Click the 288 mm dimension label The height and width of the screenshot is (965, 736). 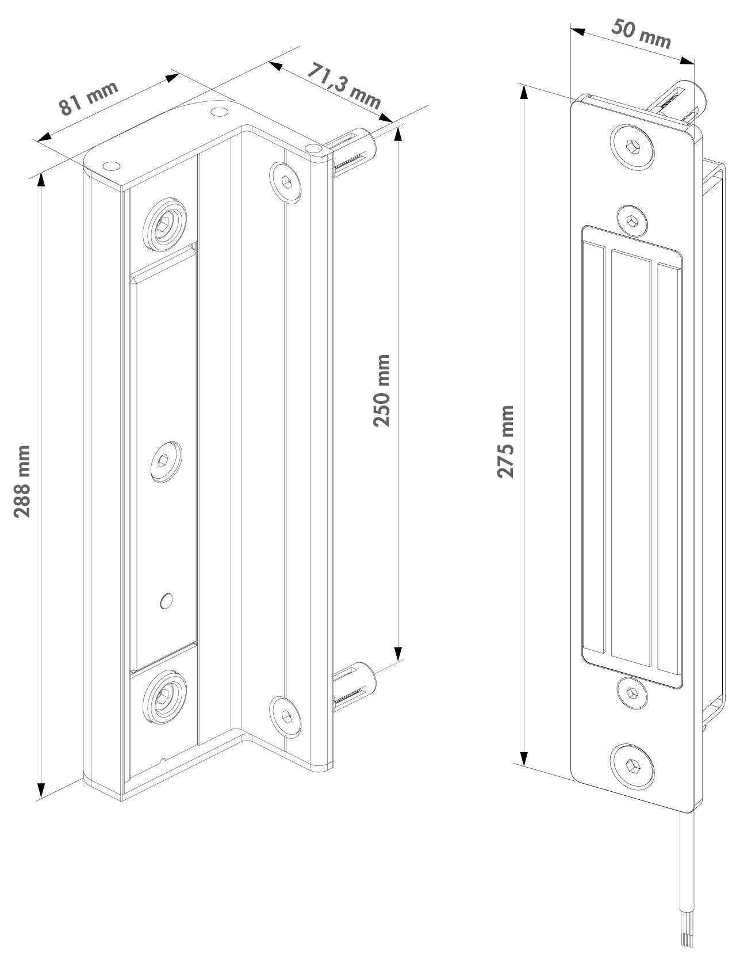pyautogui.click(x=22, y=482)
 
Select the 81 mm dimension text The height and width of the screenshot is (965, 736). pyautogui.click(x=89, y=98)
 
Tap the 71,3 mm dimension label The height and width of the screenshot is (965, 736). pyautogui.click(x=344, y=86)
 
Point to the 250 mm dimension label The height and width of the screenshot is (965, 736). pyautogui.click(x=381, y=390)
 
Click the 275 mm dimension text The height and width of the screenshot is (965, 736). pyautogui.click(x=505, y=441)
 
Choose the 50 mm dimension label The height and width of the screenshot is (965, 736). pyautogui.click(x=641, y=34)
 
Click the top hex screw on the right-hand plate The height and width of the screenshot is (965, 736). pyautogui.click(x=632, y=147)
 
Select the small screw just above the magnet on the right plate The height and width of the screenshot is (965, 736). pyautogui.click(x=632, y=220)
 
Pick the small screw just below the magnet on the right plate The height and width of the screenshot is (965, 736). pyautogui.click(x=632, y=693)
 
